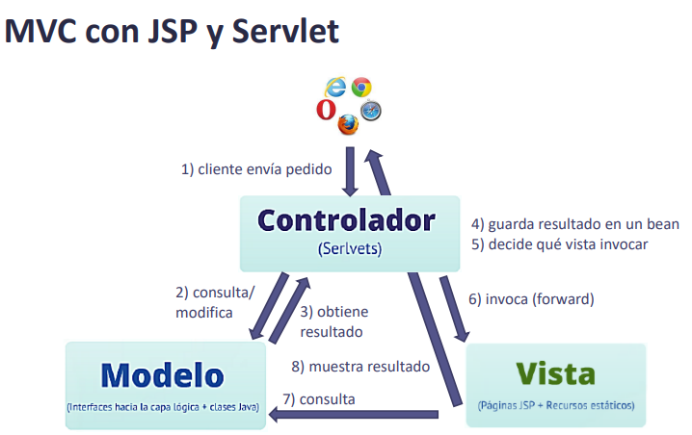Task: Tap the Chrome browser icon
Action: (x=361, y=88)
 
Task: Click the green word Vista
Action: (x=554, y=373)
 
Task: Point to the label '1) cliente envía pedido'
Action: (x=257, y=169)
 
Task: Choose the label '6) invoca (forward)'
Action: (x=531, y=299)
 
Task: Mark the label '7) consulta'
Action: (x=319, y=398)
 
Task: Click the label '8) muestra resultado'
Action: (x=360, y=367)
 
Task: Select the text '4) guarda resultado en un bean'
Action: (x=575, y=224)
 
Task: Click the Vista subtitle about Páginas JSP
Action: (x=556, y=406)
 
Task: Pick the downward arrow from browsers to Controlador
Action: (x=352, y=170)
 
